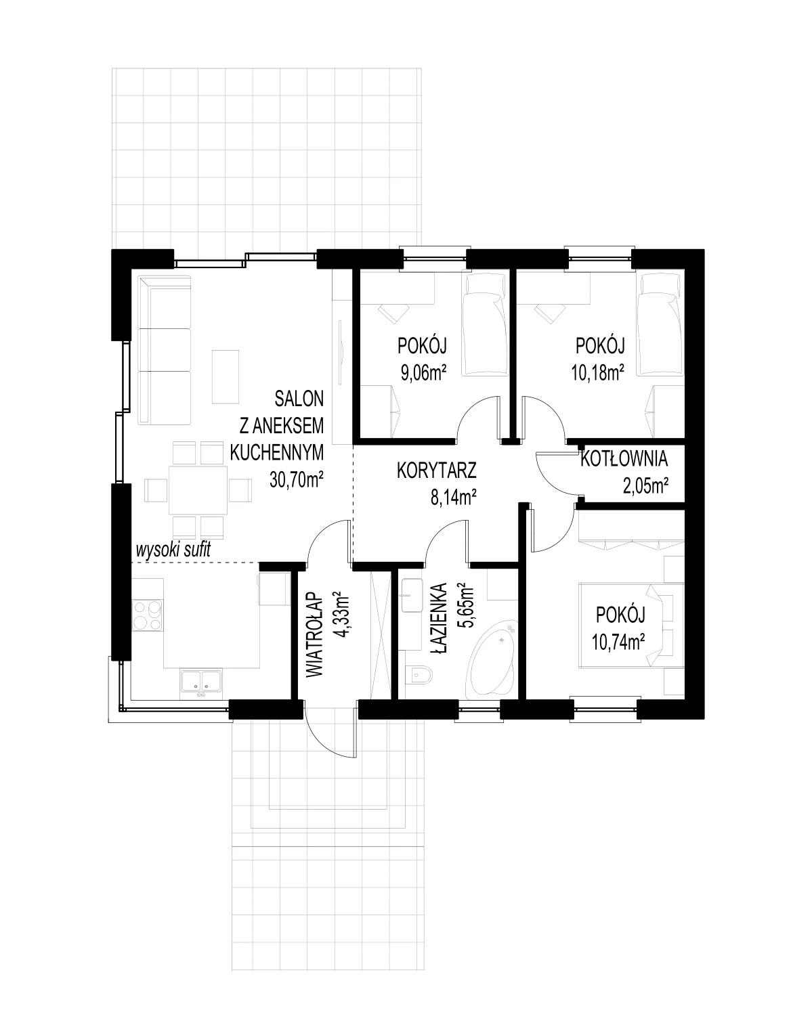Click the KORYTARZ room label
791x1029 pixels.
436,470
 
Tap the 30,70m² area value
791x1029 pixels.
297,480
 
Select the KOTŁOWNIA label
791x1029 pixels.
624,459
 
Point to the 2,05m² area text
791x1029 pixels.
645,486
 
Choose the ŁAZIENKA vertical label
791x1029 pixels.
439,619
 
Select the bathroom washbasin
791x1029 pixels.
411,594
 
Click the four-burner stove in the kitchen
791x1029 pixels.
148,615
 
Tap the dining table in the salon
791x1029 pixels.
198,490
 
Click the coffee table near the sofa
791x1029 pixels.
226,376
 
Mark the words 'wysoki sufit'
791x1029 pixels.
173,550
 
